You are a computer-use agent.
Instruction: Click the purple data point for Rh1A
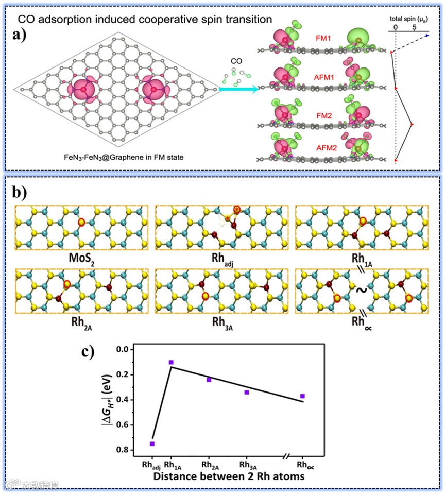171,363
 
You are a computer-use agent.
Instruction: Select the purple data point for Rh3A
247,393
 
